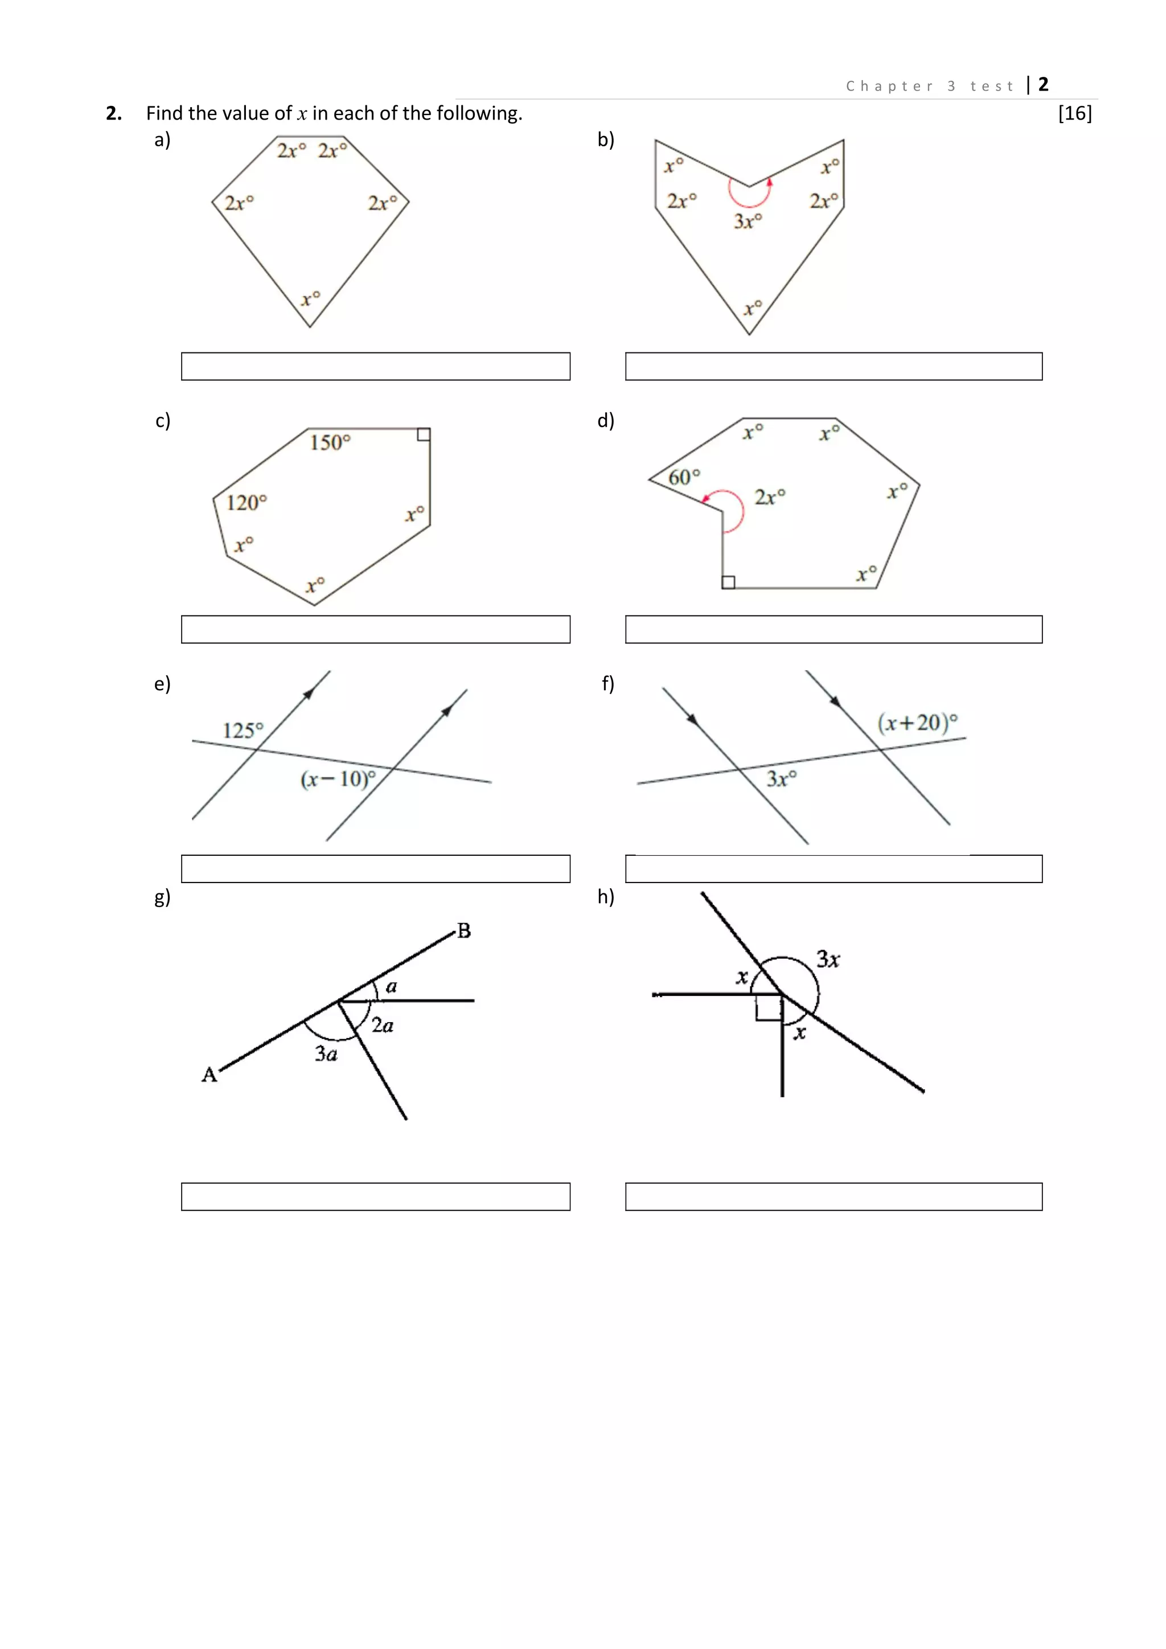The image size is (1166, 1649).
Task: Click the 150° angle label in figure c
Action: tap(330, 442)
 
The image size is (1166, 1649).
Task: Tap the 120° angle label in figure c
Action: tap(247, 502)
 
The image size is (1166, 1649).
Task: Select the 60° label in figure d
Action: tap(684, 477)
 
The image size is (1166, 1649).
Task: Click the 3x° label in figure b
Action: tap(748, 220)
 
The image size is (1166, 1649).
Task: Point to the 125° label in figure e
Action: tap(243, 731)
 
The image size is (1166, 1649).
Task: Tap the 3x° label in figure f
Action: tap(781, 778)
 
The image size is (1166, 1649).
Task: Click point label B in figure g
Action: tap(464, 931)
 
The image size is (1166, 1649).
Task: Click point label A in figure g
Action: tap(209, 1074)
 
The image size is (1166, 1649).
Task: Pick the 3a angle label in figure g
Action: tap(326, 1053)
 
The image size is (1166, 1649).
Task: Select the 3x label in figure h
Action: tap(828, 959)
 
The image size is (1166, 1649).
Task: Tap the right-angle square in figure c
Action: tap(424, 434)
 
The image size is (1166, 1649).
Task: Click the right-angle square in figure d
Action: tap(728, 582)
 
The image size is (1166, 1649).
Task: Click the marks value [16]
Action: tap(1074, 113)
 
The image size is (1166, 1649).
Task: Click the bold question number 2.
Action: tap(113, 113)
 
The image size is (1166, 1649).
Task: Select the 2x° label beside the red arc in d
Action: tap(770, 497)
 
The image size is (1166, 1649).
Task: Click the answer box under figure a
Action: tap(376, 366)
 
